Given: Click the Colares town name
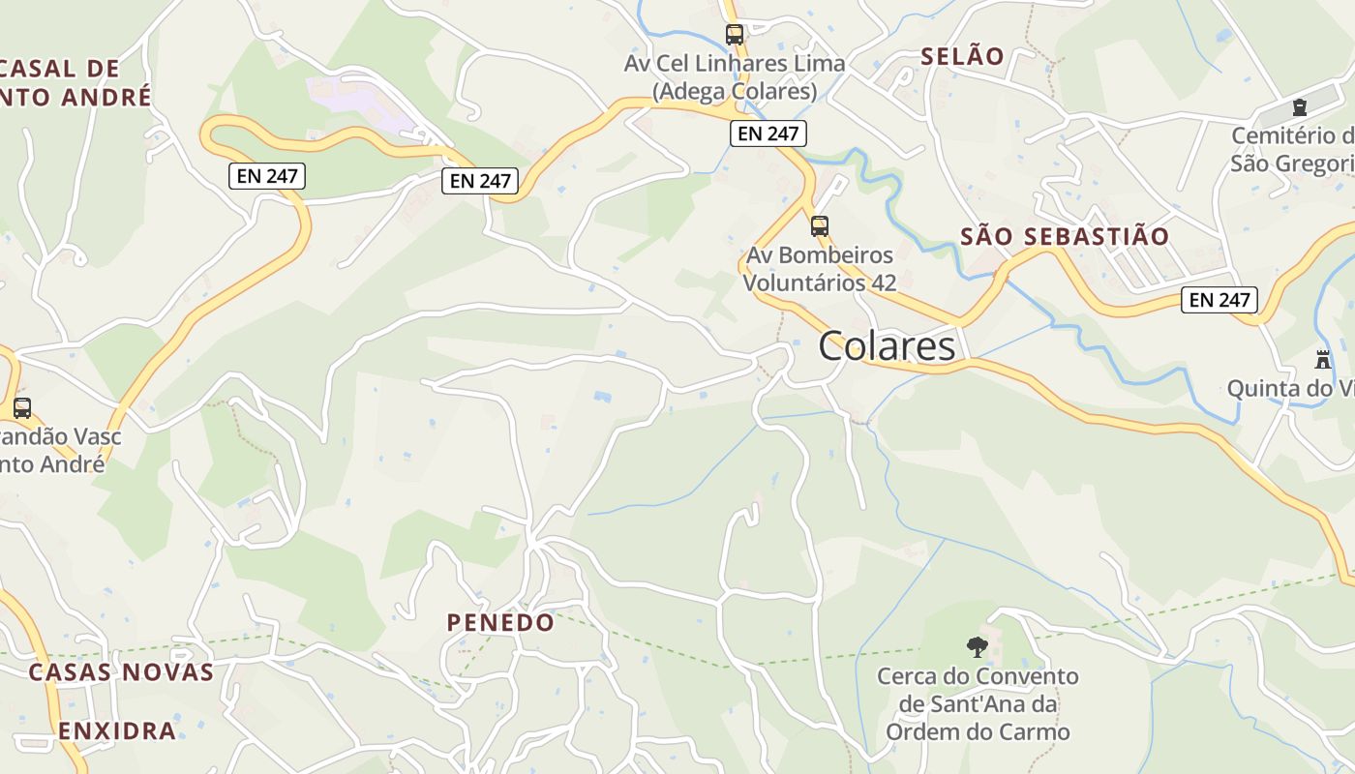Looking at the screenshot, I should coord(887,346).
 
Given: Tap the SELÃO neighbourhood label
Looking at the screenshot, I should coord(962,56).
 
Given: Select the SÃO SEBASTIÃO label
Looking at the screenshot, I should coord(1065,236).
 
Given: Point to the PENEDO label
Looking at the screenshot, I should coord(500,622).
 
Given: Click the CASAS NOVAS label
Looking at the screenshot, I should coord(121,672).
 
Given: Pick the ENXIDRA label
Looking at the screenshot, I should coord(117,730).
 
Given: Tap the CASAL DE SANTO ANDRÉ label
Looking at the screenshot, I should coord(68,82).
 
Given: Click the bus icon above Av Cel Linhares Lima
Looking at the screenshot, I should coord(735,35).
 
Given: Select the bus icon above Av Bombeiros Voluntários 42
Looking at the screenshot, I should coord(820,226).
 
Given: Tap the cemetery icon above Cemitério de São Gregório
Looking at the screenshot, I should coord(1299,106).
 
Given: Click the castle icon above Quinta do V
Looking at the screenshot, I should coord(1322,359).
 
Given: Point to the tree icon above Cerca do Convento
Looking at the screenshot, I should coord(978,646).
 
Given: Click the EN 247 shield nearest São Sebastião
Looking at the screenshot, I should coord(1219,300).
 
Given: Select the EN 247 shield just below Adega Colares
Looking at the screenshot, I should coord(768,134).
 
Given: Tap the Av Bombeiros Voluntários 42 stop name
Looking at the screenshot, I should coord(819,269).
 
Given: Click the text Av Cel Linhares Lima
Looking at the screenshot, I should coord(735,64).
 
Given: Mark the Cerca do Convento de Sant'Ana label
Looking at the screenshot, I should coord(978,703).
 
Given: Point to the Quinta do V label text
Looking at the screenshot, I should coord(1290,389).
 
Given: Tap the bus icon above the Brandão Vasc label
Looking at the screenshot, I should coord(22,408).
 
